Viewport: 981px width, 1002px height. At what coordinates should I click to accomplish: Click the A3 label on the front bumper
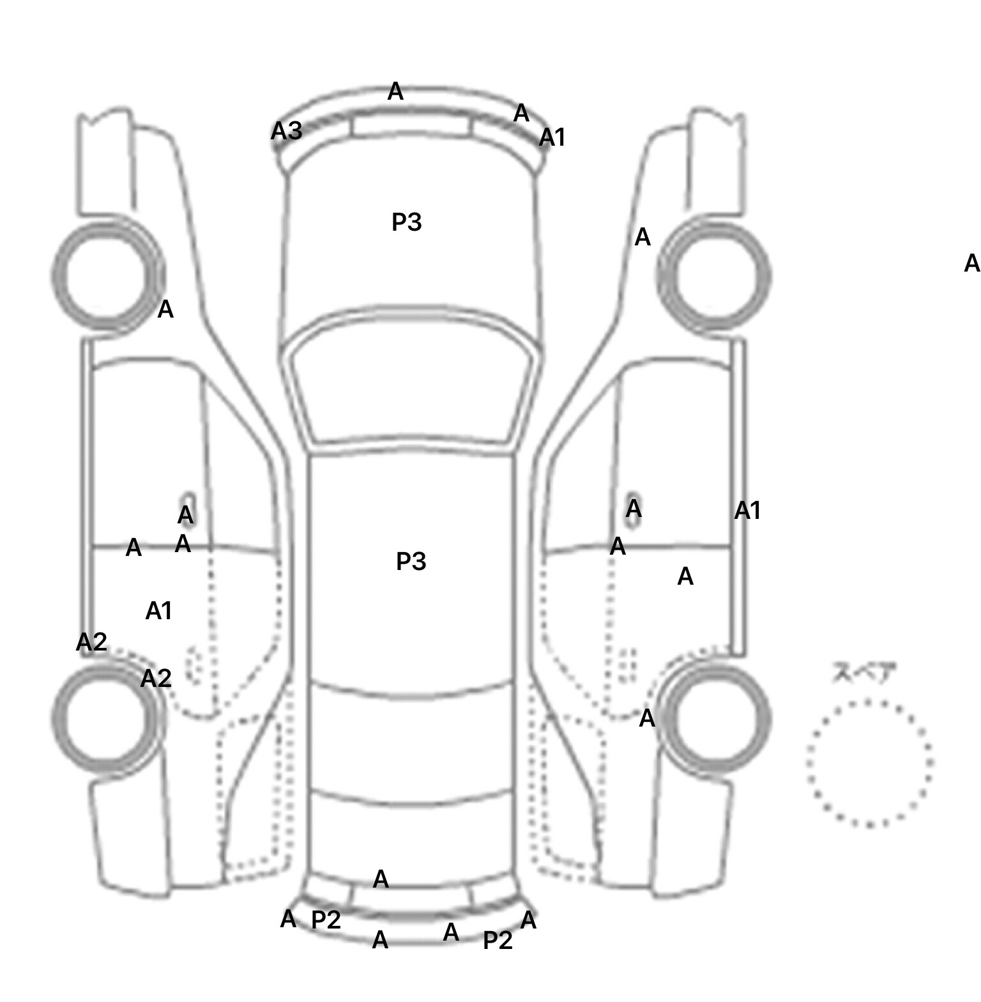point(286,131)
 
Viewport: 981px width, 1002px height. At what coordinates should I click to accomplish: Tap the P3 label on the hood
point(406,222)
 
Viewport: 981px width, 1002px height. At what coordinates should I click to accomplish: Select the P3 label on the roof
point(411,562)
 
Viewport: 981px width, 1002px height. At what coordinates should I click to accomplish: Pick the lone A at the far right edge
point(971,263)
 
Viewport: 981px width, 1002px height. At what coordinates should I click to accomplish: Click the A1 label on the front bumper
point(552,137)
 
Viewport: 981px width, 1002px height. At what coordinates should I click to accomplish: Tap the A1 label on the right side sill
point(747,511)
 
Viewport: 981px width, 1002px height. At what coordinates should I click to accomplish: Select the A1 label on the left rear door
point(159,612)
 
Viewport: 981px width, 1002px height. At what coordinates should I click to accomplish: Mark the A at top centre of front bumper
point(395,92)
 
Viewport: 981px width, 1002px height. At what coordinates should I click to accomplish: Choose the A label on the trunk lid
point(381,880)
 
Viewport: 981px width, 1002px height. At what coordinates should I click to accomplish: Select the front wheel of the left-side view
point(107,276)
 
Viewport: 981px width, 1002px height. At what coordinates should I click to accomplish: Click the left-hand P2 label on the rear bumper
point(326,920)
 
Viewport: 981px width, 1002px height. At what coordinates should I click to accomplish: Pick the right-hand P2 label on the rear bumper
point(498,941)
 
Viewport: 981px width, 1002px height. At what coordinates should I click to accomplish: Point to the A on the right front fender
point(643,238)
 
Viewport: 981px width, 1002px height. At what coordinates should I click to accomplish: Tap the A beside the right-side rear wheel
point(647,719)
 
